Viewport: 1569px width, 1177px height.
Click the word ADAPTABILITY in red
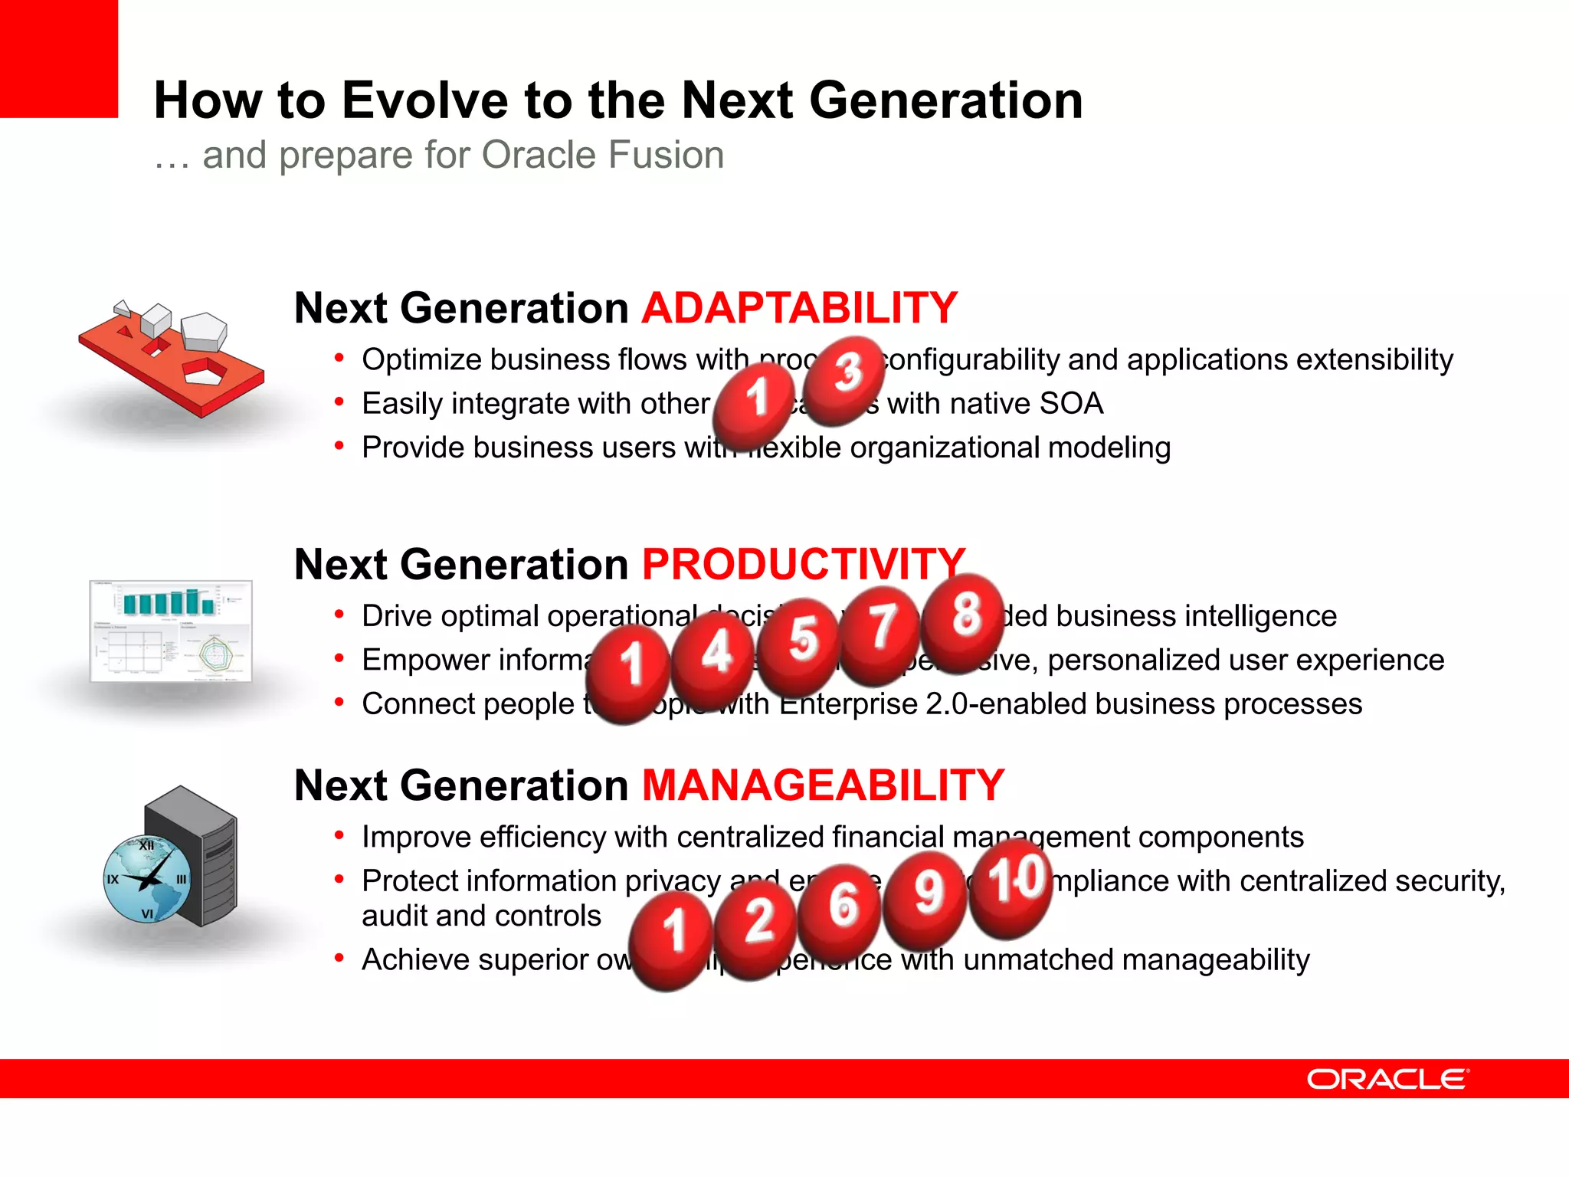tap(799, 308)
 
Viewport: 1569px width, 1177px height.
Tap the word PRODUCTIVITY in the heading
tap(803, 565)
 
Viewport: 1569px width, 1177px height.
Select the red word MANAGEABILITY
tap(823, 785)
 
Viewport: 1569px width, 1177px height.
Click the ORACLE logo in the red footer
tap(1387, 1079)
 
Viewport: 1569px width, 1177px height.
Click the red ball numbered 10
tap(1011, 887)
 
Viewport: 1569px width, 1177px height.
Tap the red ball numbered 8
tap(963, 622)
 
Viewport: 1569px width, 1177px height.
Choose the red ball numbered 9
tap(925, 900)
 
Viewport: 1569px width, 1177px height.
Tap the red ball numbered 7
tap(881, 634)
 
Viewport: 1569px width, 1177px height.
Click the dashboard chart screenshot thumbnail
tap(171, 631)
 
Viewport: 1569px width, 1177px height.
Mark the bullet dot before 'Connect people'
tap(339, 702)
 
